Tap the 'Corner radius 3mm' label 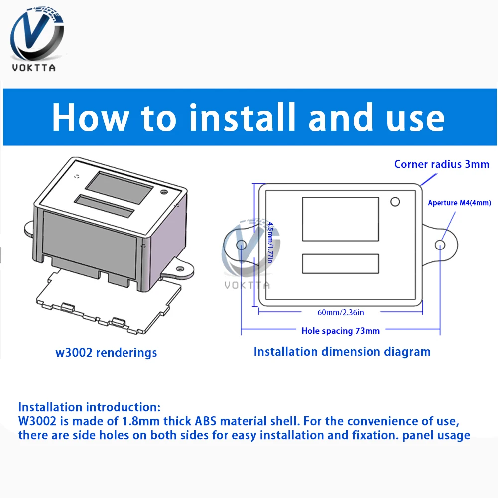(x=441, y=164)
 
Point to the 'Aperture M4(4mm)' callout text (x=459, y=203)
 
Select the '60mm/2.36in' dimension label (x=341, y=312)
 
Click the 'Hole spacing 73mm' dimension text (x=341, y=330)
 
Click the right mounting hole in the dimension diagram (x=440, y=245)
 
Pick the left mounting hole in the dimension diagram (x=241, y=245)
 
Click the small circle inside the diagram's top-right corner (x=395, y=202)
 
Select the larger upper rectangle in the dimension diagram (x=341, y=219)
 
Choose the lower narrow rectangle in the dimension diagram (x=341, y=264)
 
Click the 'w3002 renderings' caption (x=106, y=353)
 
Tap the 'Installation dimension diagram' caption (x=342, y=351)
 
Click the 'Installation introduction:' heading (x=90, y=407)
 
